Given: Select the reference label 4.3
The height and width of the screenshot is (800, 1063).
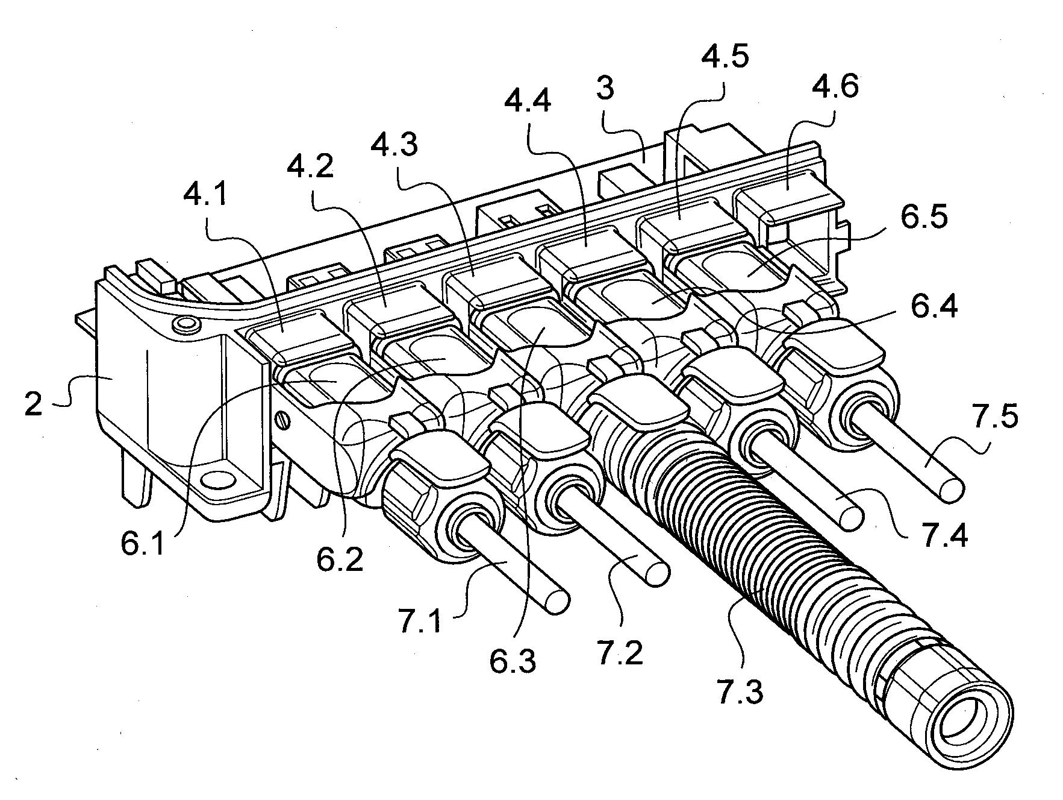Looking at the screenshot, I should click(394, 146).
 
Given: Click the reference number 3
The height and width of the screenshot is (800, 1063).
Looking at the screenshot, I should click(605, 88).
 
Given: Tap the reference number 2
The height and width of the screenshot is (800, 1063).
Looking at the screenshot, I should click(33, 405).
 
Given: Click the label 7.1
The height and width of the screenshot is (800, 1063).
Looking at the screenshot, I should click(420, 622).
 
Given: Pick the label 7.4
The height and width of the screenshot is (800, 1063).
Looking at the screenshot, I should click(944, 535).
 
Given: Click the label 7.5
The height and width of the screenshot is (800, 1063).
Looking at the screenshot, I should click(995, 417).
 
